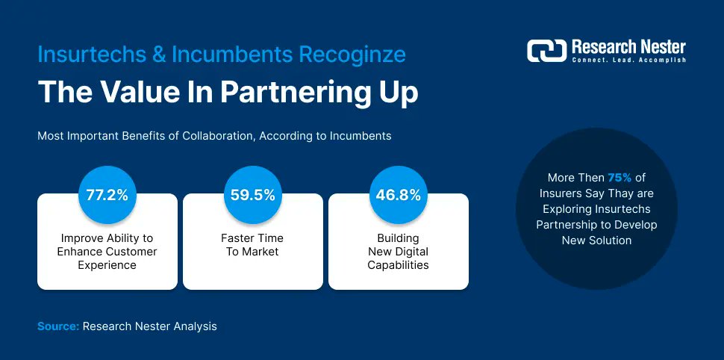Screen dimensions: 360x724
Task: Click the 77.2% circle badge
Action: click(107, 196)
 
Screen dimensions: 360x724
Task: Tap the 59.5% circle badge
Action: click(253, 196)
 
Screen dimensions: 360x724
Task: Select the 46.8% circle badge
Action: click(399, 196)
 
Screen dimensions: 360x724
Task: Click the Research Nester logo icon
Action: click(547, 50)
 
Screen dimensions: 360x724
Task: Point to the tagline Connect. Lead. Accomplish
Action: click(628, 60)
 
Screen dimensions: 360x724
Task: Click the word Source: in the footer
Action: click(58, 326)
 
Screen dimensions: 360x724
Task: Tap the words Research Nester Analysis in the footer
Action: click(150, 326)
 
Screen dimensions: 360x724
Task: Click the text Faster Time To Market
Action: click(253, 245)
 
